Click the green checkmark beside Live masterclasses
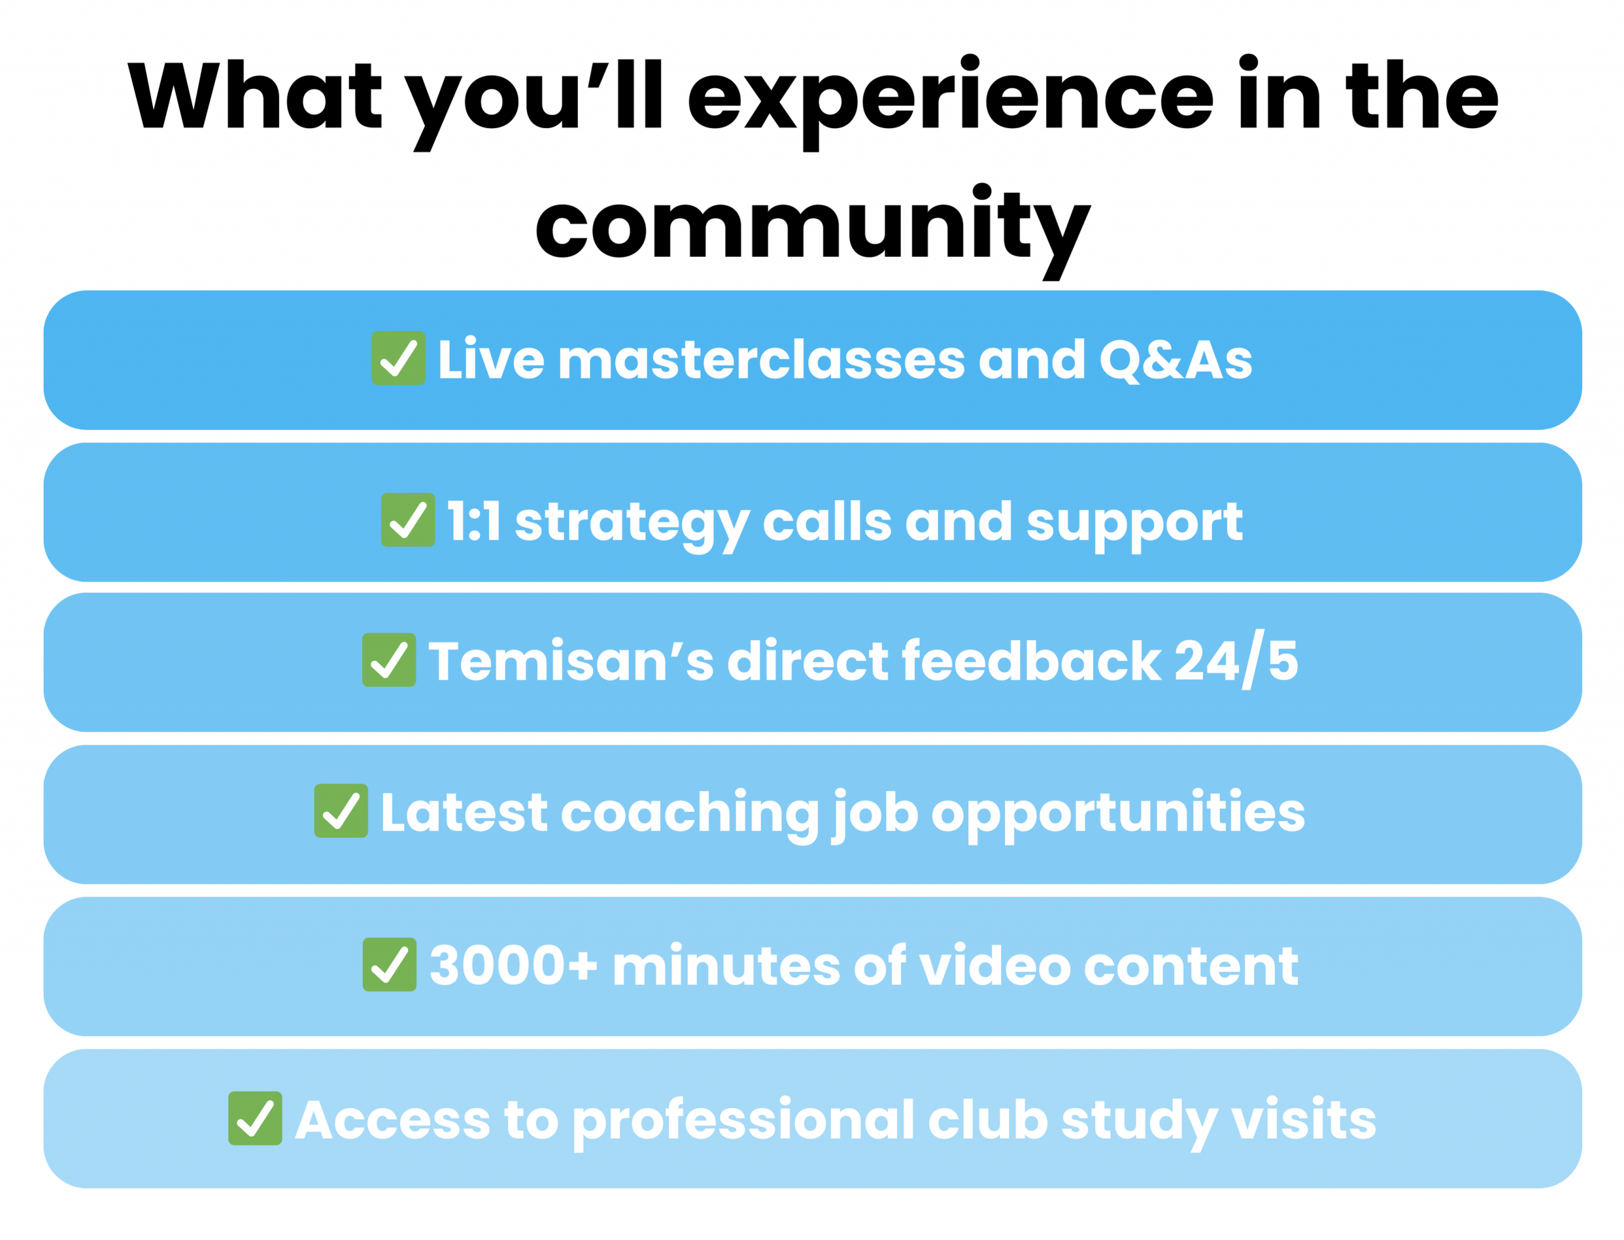(398, 358)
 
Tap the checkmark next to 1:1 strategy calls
(408, 519)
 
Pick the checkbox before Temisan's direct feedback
(389, 660)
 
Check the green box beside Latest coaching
(341, 811)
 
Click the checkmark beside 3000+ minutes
(390, 964)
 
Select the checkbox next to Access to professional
(256, 1118)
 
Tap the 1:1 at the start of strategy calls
(475, 521)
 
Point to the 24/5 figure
(1236, 660)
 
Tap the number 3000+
(513, 965)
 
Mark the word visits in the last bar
(1304, 1119)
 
